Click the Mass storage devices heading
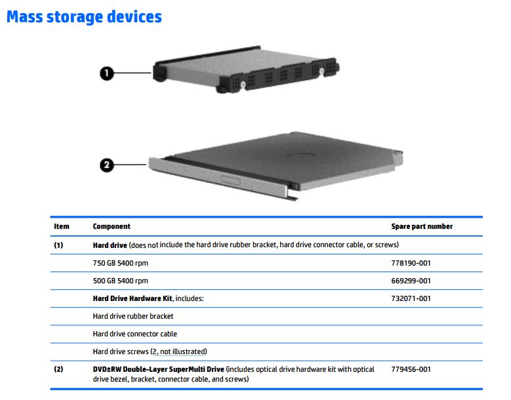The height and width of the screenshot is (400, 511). click(84, 17)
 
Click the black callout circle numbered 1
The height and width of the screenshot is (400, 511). click(106, 73)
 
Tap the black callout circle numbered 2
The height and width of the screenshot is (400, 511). click(106, 165)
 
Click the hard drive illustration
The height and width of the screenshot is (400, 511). click(246, 70)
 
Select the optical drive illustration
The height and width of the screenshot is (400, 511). click(276, 166)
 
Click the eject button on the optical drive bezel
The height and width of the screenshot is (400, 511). click(231, 180)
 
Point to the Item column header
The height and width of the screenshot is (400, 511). click(62, 226)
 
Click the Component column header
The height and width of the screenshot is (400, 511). click(112, 226)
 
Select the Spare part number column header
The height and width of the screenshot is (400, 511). click(422, 226)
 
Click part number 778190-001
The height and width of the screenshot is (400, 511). click(411, 263)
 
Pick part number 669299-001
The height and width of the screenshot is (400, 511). click(411, 281)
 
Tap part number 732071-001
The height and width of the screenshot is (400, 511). click(411, 298)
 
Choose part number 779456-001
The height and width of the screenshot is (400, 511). click(411, 369)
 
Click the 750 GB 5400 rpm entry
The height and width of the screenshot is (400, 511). click(120, 263)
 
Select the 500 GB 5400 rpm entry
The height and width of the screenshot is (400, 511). click(120, 281)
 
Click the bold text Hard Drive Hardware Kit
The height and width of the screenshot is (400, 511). click(133, 298)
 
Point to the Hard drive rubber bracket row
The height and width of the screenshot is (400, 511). click(133, 316)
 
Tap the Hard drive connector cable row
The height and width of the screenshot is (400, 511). click(135, 334)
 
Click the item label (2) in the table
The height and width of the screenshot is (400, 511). click(58, 369)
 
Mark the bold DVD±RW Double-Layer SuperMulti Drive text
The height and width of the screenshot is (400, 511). click(158, 369)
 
